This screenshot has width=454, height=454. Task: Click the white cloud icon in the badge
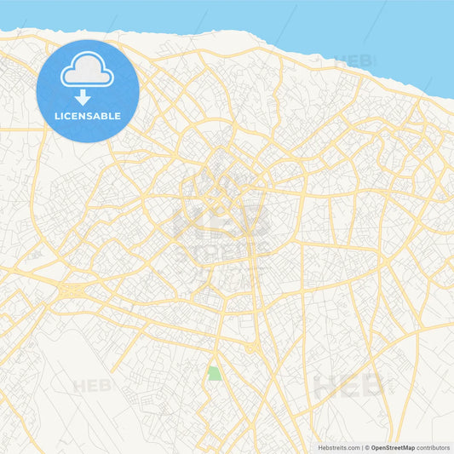coord(88,72)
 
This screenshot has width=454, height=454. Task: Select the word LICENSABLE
coord(88,116)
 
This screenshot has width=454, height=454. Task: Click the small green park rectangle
coord(215,373)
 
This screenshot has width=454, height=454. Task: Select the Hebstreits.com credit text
coord(336,447)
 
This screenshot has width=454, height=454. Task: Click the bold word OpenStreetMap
coord(393,447)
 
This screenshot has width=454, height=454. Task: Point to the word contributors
coord(433,447)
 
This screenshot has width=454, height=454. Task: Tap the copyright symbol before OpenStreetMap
coord(367,447)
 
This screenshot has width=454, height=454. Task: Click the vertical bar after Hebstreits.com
coord(362,447)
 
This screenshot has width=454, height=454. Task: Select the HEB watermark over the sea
coord(354,61)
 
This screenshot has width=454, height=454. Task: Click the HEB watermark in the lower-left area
coord(92,386)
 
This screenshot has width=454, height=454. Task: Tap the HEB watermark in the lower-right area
coord(349,385)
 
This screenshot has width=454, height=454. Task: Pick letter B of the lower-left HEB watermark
coord(105,386)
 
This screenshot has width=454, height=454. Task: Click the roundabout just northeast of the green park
coord(250,348)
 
